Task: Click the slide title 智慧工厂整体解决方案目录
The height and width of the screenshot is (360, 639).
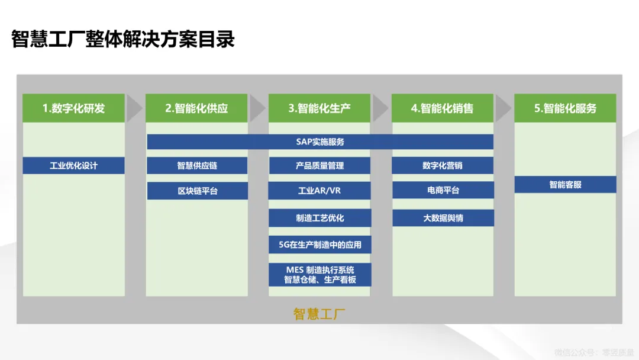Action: [123, 39]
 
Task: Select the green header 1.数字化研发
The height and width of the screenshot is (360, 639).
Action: [73, 108]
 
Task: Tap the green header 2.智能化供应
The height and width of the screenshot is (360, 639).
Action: [196, 108]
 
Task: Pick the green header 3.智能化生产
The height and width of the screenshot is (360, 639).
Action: [319, 108]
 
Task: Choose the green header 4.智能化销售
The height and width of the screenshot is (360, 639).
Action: [443, 108]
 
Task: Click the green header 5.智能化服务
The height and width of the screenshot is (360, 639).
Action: [565, 108]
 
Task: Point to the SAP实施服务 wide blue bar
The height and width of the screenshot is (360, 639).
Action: [320, 142]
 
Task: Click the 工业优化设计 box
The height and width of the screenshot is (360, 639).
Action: [73, 166]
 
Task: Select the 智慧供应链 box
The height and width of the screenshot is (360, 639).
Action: [197, 166]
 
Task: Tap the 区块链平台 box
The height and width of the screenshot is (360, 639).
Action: [197, 191]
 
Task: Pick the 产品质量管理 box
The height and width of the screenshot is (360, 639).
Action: [319, 166]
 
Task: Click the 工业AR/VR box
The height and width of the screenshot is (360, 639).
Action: [319, 191]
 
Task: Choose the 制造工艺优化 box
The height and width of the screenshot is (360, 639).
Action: [319, 218]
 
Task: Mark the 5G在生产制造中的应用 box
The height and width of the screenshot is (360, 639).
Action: [319, 245]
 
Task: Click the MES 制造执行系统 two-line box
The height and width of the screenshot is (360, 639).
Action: [319, 275]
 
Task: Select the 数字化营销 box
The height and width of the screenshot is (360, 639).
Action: [443, 166]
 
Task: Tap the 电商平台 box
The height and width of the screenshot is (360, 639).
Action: [443, 190]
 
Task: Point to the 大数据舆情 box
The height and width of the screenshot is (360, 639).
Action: [443, 218]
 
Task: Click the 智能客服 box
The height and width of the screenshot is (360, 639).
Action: [565, 185]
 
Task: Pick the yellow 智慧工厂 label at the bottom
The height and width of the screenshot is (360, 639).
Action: [319, 314]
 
